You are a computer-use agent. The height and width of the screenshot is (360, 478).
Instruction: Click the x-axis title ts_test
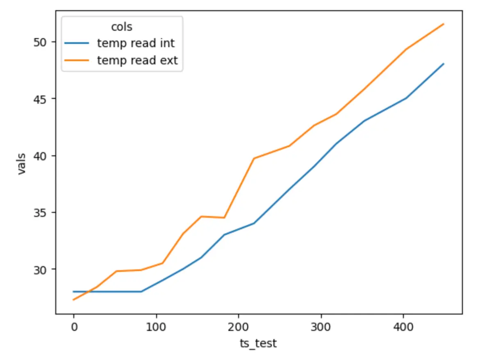click(x=258, y=344)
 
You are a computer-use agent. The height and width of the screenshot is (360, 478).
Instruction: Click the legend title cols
click(x=122, y=27)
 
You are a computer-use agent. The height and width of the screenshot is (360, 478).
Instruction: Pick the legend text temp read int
click(x=136, y=43)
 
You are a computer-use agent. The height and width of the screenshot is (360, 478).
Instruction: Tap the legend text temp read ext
click(x=137, y=60)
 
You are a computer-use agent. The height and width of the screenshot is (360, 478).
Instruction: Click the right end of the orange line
click(x=444, y=24)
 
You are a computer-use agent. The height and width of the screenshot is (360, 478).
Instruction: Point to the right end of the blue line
click(x=444, y=64)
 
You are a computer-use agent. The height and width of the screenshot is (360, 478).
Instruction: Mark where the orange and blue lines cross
click(x=89, y=292)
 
